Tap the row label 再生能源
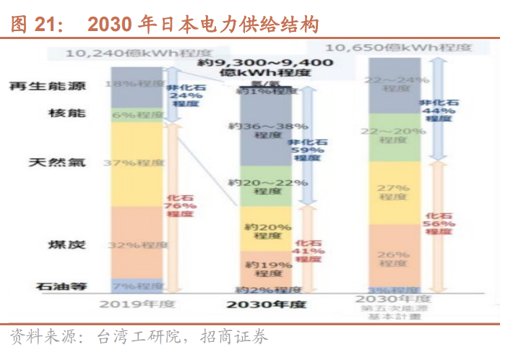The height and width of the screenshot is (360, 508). (x=48, y=86)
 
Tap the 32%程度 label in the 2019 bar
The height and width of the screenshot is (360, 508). (x=137, y=246)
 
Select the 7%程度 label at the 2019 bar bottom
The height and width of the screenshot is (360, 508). (x=137, y=286)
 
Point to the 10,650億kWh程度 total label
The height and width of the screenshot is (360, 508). (x=398, y=48)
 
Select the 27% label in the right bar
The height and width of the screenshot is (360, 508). (x=394, y=192)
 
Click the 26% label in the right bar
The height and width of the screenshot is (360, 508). (x=394, y=258)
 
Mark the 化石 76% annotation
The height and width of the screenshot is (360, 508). (x=181, y=205)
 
